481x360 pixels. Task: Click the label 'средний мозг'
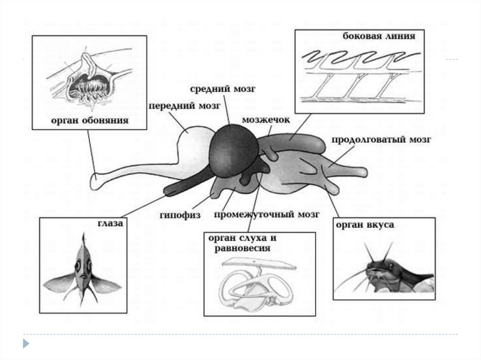click(223, 89)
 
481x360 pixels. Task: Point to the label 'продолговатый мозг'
click(380, 140)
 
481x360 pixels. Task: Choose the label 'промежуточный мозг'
click(266, 215)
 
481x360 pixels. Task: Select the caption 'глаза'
click(110, 224)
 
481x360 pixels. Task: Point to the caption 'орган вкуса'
click(365, 225)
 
